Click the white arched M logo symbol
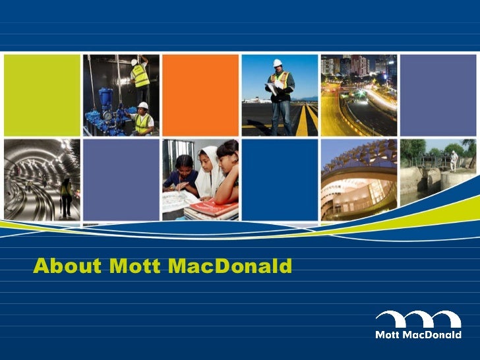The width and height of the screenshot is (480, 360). (417, 319)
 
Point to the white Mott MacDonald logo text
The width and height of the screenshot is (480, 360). (417, 335)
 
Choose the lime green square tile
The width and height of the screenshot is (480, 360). (42, 95)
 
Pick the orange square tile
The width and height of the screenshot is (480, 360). (200, 95)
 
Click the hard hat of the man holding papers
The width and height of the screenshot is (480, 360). (278, 63)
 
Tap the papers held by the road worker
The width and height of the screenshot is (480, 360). (272, 87)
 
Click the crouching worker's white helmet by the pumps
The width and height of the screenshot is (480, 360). (142, 105)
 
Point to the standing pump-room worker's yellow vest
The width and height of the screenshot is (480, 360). (140, 77)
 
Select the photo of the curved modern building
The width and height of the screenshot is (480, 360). (359, 179)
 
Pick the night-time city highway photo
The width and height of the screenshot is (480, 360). (359, 95)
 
